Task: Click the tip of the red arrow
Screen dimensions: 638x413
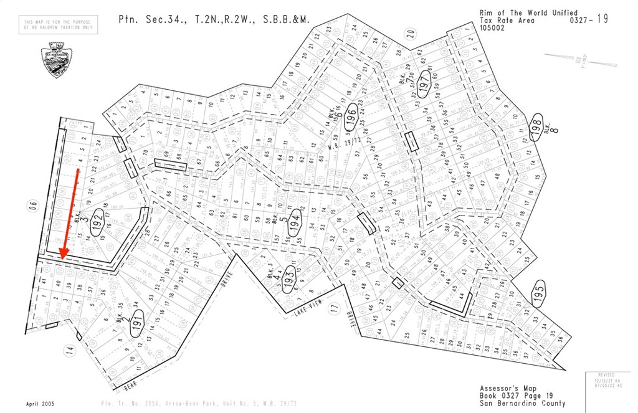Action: (x=62, y=257)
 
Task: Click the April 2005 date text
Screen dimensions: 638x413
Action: (x=40, y=404)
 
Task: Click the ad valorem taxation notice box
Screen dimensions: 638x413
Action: (x=59, y=25)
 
